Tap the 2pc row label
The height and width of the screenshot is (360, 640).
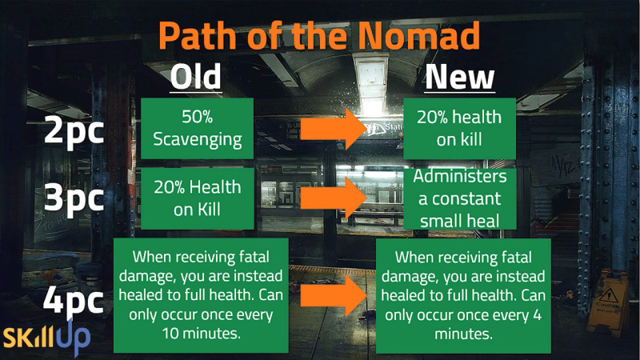[x=74, y=130]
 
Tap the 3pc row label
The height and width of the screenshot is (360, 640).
[x=74, y=198]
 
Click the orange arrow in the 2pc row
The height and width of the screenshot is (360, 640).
[x=333, y=129]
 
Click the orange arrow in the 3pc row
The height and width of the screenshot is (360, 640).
[x=333, y=198]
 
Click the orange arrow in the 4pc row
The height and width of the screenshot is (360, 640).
[x=333, y=295]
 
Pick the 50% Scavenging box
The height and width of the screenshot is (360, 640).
[x=197, y=128]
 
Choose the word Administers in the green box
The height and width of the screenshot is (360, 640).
[x=459, y=176]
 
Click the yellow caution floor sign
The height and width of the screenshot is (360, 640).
[x=608, y=302]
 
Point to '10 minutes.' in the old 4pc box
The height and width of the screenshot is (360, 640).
[x=202, y=334]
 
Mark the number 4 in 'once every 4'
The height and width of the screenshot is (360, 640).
[x=537, y=314]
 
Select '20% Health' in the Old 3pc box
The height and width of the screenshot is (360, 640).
[x=198, y=187]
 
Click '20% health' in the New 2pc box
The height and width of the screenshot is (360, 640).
[x=459, y=117]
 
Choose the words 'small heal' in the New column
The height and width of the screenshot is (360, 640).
[x=459, y=222]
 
